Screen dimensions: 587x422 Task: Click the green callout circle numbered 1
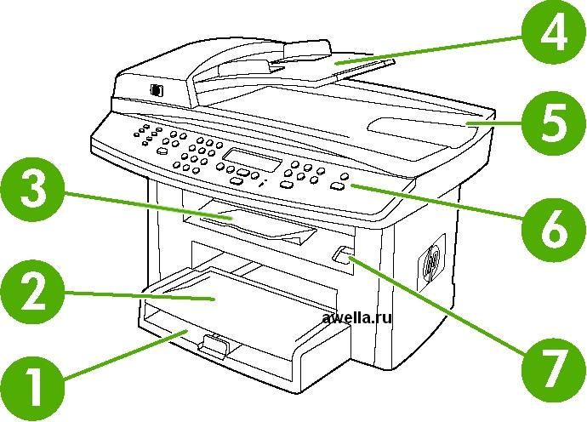click(x=33, y=388)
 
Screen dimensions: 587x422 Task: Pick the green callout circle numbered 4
click(x=554, y=32)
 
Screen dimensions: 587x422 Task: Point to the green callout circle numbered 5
click(x=554, y=123)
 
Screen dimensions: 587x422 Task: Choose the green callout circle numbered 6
click(x=554, y=229)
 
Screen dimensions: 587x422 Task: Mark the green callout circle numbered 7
click(x=554, y=370)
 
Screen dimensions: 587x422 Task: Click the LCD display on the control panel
click(x=253, y=160)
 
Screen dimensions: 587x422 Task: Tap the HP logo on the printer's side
click(x=431, y=263)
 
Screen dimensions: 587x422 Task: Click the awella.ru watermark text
click(x=356, y=318)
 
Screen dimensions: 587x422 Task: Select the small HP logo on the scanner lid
click(x=157, y=90)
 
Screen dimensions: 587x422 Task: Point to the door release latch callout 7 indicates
click(x=341, y=255)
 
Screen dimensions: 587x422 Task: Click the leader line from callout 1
click(x=126, y=355)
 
